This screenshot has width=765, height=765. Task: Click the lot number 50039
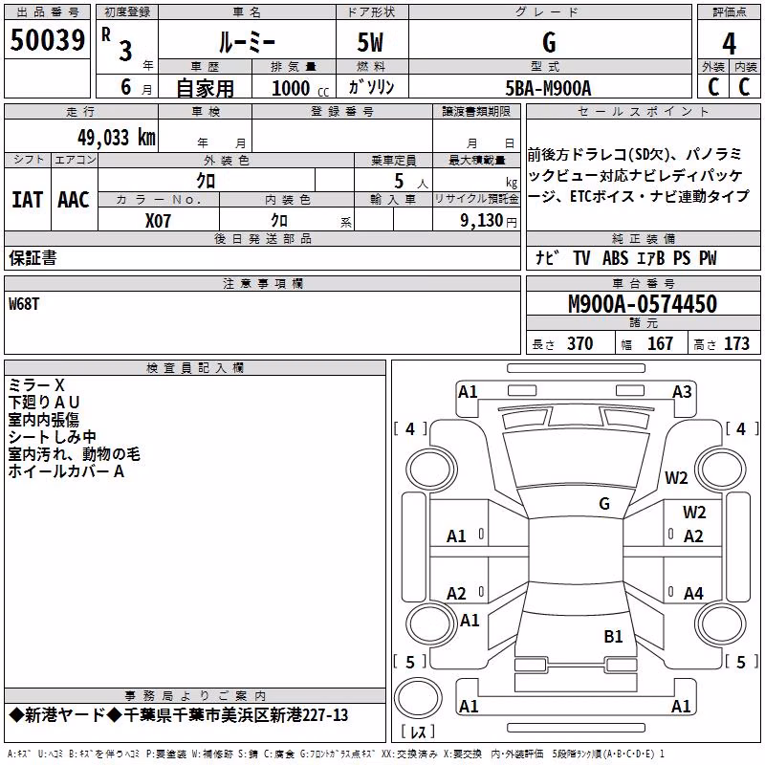[47, 40]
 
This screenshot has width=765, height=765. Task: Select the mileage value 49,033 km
[116, 138]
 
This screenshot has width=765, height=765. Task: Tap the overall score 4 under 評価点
[729, 44]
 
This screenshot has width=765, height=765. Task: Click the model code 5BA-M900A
[548, 88]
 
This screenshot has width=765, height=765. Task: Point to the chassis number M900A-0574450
[643, 304]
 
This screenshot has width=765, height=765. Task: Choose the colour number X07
[158, 221]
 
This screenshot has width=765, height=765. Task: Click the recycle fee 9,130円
[488, 221]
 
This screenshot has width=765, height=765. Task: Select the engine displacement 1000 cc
[300, 88]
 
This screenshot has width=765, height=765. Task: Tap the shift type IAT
[27, 200]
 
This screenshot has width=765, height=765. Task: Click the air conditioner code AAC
[74, 200]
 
